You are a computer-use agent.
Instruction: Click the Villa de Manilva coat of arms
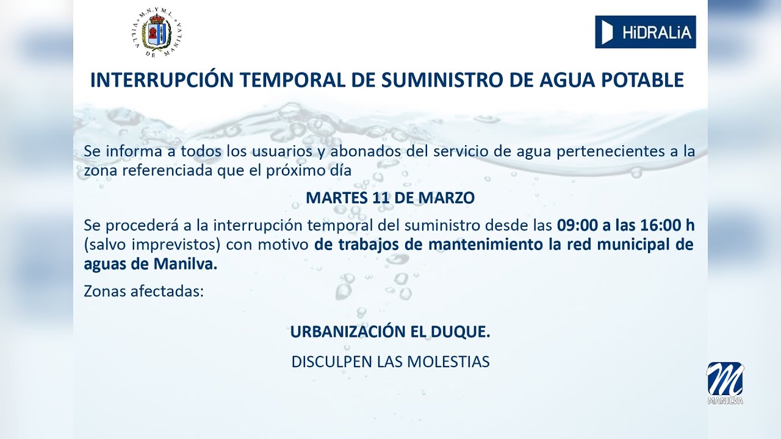(x=157, y=34)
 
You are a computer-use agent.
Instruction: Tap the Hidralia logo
(x=645, y=32)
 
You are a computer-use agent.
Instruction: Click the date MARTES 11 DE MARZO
(x=390, y=198)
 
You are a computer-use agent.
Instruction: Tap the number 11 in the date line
(x=378, y=198)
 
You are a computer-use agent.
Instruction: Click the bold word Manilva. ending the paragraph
(x=192, y=265)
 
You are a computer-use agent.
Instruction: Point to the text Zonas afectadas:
(x=143, y=291)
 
